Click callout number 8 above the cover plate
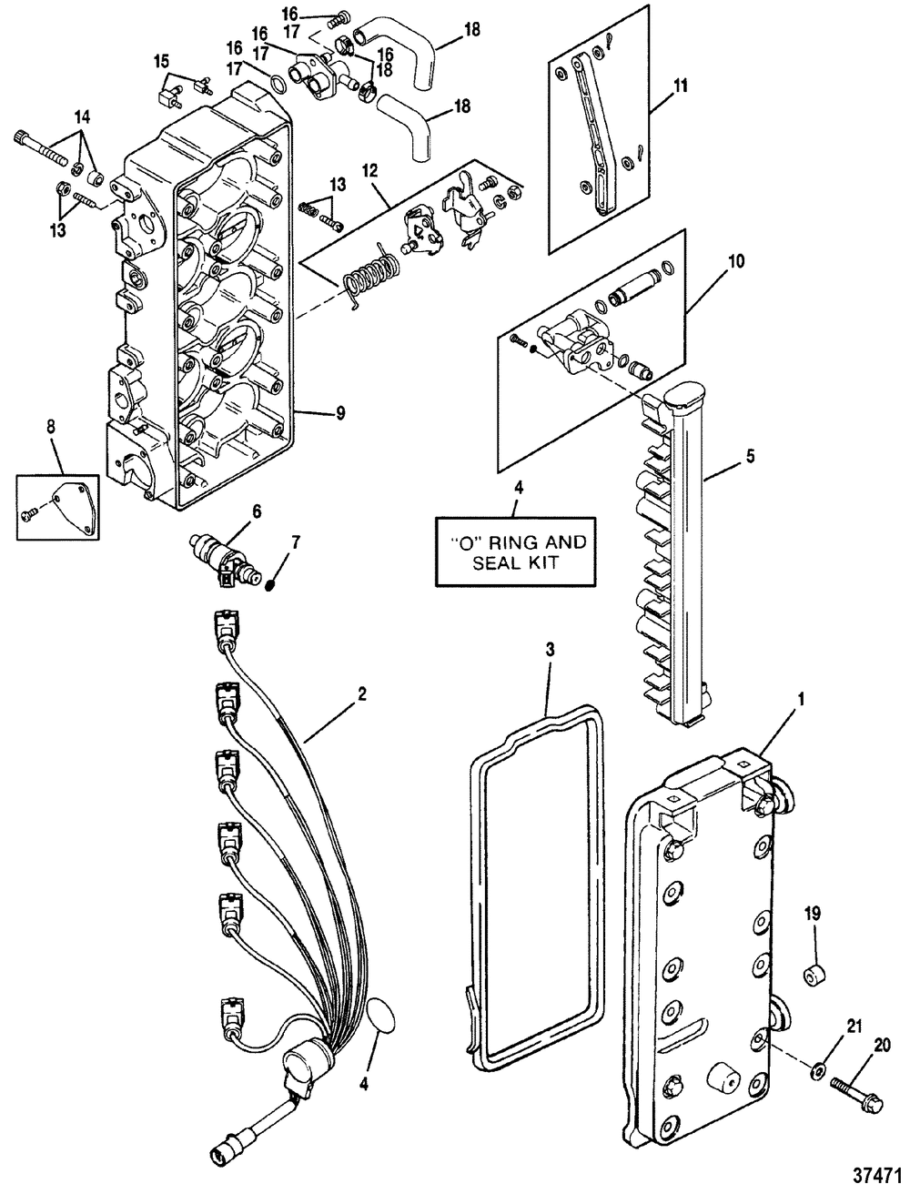(x=51, y=425)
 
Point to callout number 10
(x=736, y=261)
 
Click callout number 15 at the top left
(x=161, y=61)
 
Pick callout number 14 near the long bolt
(x=83, y=117)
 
